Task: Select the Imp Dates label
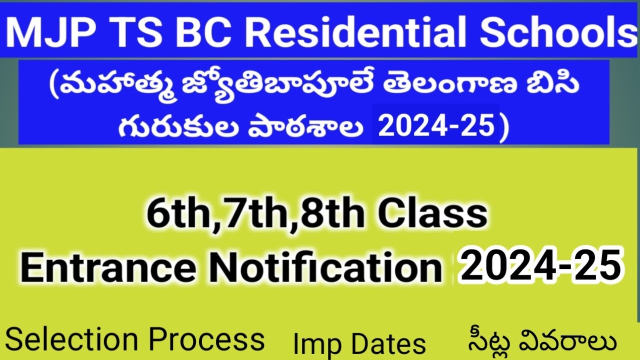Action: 359,344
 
